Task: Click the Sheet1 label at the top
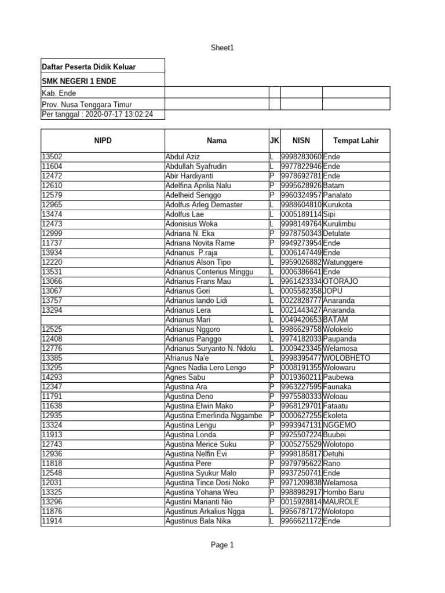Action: [222, 48]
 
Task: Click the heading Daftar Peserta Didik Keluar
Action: [89, 67]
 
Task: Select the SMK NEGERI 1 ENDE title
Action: [79, 80]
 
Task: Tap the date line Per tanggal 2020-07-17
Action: [97, 115]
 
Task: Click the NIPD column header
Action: [102, 140]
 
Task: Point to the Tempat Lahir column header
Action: [356, 140]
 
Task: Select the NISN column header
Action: [301, 140]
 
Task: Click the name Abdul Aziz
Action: [182, 157]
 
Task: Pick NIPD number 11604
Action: [52, 166]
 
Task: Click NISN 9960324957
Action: [301, 195]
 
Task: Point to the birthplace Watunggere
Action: [343, 262]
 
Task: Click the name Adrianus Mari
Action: [187, 320]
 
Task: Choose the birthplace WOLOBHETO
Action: [346, 358]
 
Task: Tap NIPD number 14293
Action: [52, 377]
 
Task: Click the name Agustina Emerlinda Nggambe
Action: [214, 415]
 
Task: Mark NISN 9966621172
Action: [301, 521]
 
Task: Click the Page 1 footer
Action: [222, 545]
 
